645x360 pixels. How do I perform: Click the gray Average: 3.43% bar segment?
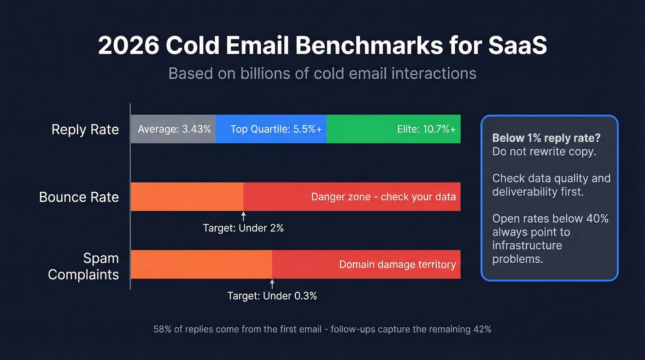tap(173, 129)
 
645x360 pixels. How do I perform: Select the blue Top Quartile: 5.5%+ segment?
tap(271, 129)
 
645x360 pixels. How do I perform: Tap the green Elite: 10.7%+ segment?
tap(393, 129)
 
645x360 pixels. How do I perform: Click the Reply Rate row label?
tap(85, 130)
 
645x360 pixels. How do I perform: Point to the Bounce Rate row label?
tap(79, 197)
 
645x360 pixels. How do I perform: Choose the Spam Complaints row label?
tap(83, 266)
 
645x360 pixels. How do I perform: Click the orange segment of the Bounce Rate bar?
tap(187, 197)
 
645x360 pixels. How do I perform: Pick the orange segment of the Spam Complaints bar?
tap(201, 264)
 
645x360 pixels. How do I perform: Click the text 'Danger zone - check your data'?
tap(383, 197)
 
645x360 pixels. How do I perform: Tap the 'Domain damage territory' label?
tap(397, 265)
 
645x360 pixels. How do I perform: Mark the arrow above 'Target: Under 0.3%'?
tap(272, 283)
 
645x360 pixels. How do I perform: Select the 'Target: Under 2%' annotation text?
tap(243, 228)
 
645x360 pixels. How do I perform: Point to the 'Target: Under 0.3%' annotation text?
tap(272, 296)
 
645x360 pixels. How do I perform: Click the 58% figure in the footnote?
tap(162, 330)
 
